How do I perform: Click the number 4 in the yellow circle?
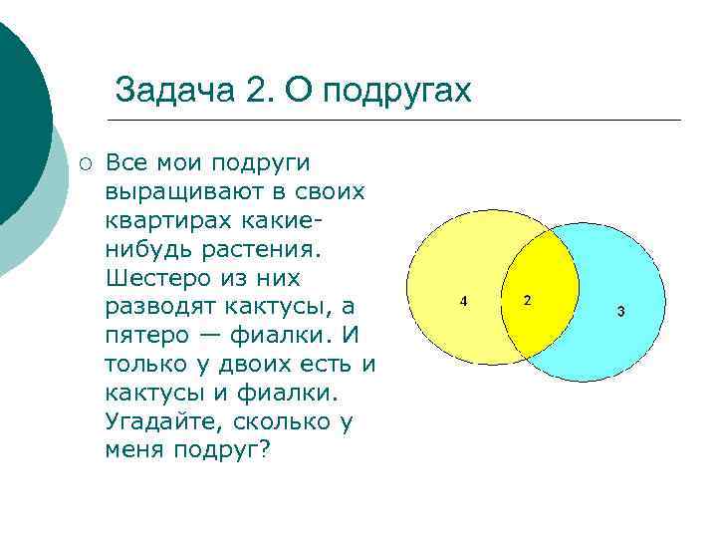[x=462, y=301]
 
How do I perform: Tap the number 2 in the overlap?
[x=527, y=300]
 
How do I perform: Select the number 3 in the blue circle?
[x=620, y=312]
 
